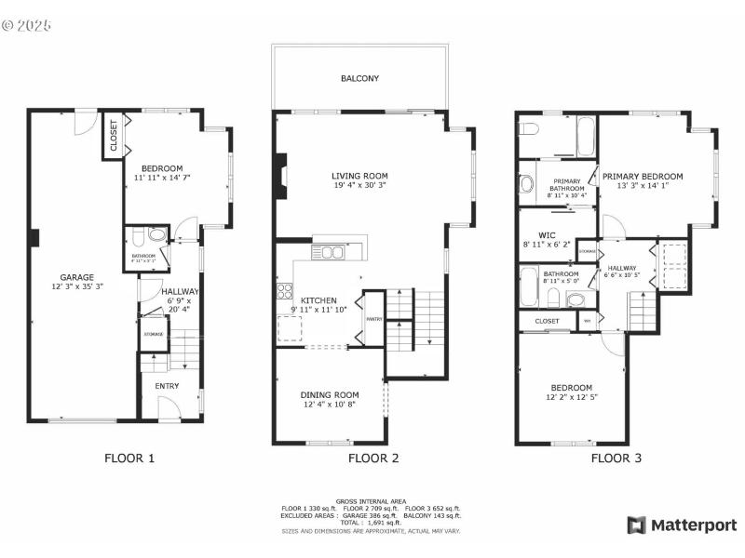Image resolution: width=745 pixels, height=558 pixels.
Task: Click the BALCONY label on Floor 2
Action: [359, 79]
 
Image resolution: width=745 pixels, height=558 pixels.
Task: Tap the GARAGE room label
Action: [77, 277]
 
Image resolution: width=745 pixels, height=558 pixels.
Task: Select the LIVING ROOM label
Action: [359, 176]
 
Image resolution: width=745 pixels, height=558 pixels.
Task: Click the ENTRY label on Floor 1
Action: [167, 386]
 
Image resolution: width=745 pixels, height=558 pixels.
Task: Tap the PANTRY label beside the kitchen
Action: [374, 319]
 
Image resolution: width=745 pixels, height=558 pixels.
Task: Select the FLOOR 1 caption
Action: [129, 458]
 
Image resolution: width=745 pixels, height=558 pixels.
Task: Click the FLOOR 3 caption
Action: [616, 458]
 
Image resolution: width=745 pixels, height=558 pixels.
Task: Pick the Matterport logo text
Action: [692, 525]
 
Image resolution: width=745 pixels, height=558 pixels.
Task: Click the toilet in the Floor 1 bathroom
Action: [156, 234]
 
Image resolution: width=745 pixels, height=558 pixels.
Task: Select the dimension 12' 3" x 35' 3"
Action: [77, 287]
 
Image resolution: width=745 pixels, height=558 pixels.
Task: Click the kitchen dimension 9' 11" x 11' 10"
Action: [318, 310]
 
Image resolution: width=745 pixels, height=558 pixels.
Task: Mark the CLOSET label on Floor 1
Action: [113, 136]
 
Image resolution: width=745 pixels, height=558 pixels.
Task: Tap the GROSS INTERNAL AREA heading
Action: [372, 501]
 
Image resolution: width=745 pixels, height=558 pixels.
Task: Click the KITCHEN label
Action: [318, 300]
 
